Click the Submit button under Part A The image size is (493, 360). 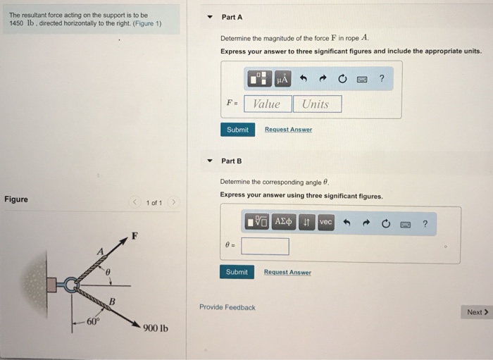tap(237, 130)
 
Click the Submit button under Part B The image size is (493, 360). tap(237, 272)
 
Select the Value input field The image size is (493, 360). tap(266, 104)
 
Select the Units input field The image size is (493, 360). tap(316, 104)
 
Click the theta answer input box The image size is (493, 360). tap(265, 246)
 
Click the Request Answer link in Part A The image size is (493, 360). tap(288, 130)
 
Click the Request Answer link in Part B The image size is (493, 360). tap(287, 272)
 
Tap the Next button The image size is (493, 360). tap(477, 312)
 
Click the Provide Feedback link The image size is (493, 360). tap(227, 307)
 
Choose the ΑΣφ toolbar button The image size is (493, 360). tap(284, 222)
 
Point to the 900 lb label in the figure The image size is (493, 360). tap(155, 328)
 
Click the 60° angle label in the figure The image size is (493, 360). tap(94, 322)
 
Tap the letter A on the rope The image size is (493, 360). tap(101, 252)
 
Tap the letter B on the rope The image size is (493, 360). tap(111, 303)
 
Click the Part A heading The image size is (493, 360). tap(232, 17)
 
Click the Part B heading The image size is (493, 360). tap(231, 161)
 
